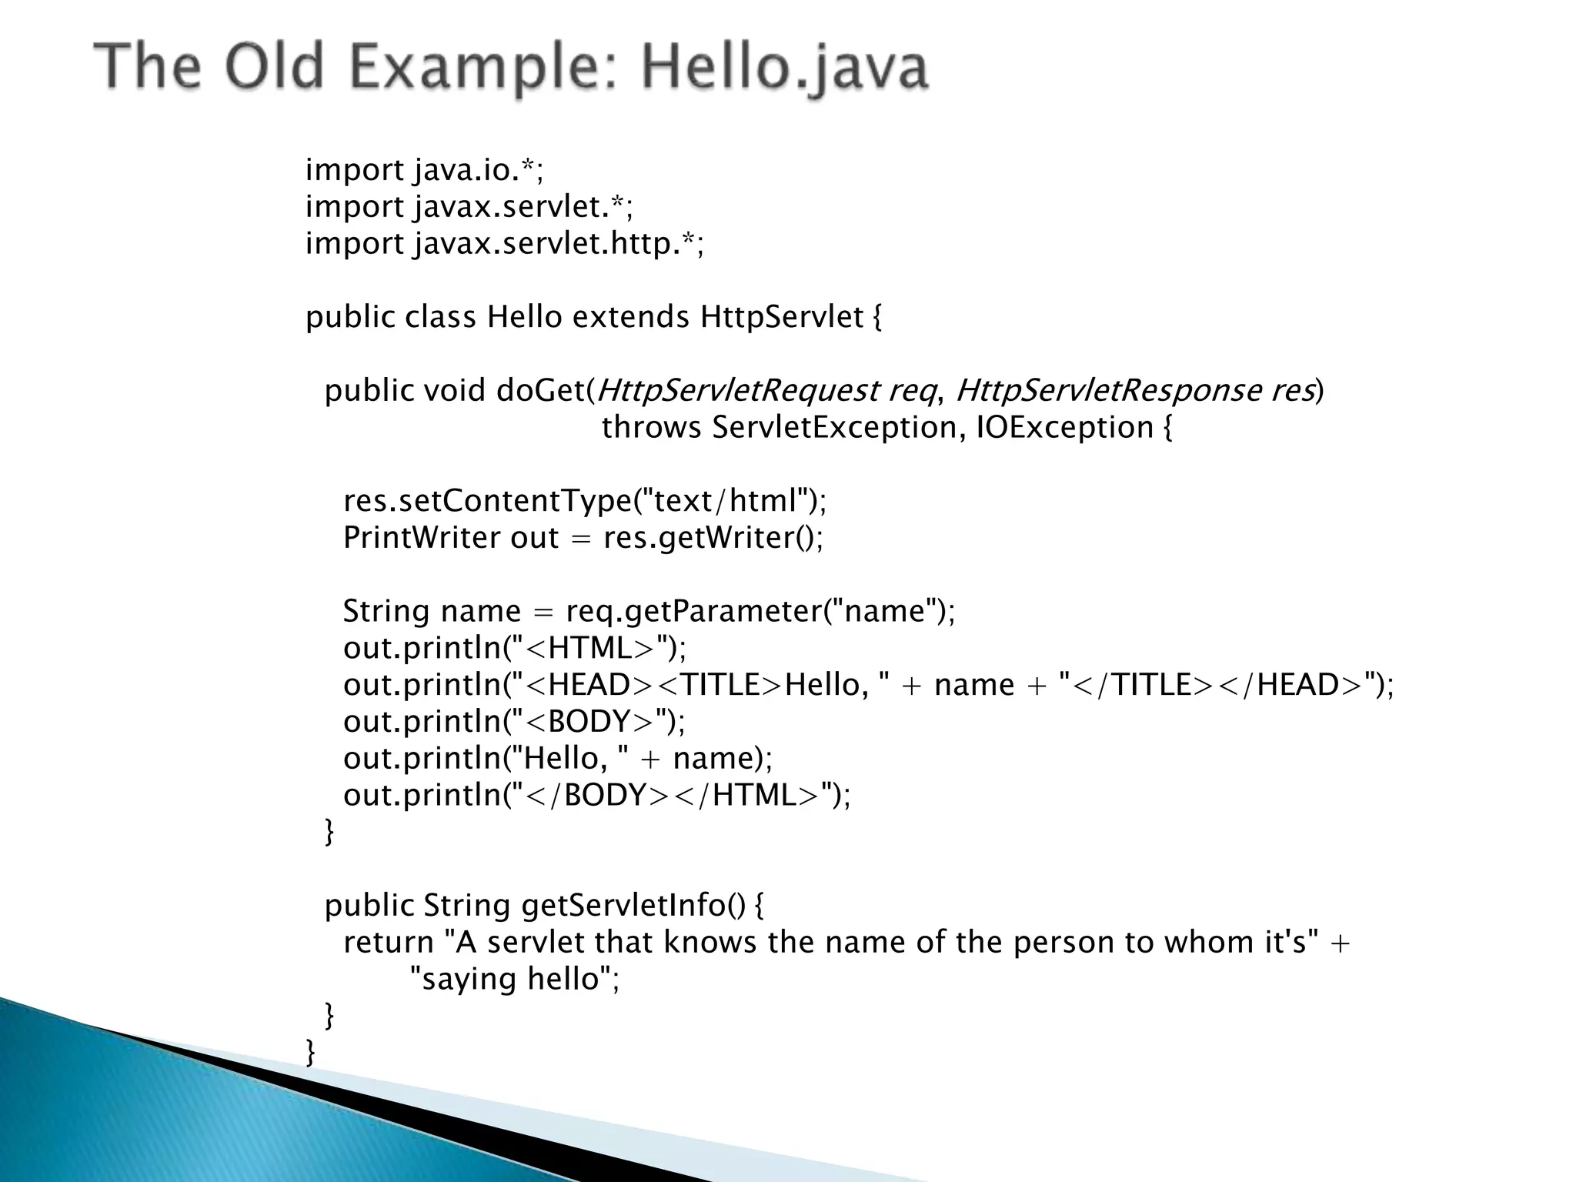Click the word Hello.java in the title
click(785, 68)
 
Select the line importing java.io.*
click(424, 170)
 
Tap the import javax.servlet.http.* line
click(504, 244)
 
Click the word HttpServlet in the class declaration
click(781, 317)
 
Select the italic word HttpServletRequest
click(737, 391)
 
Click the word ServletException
click(833, 428)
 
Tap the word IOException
click(1064, 428)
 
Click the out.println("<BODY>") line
click(514, 722)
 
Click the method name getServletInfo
click(623, 906)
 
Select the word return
click(389, 943)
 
